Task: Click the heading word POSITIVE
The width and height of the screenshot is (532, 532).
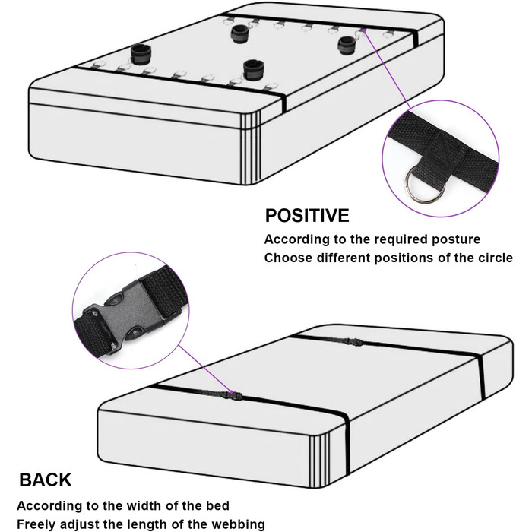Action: coord(307,215)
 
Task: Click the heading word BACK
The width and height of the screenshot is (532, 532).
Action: coord(45,480)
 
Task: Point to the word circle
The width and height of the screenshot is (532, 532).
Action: coord(496,258)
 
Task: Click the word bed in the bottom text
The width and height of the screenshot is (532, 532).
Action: coord(218,505)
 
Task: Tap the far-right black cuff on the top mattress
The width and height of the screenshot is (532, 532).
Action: coord(347,45)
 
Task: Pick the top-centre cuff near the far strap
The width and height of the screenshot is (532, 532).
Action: coord(241,34)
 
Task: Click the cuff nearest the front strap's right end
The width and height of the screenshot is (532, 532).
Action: coord(253,70)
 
